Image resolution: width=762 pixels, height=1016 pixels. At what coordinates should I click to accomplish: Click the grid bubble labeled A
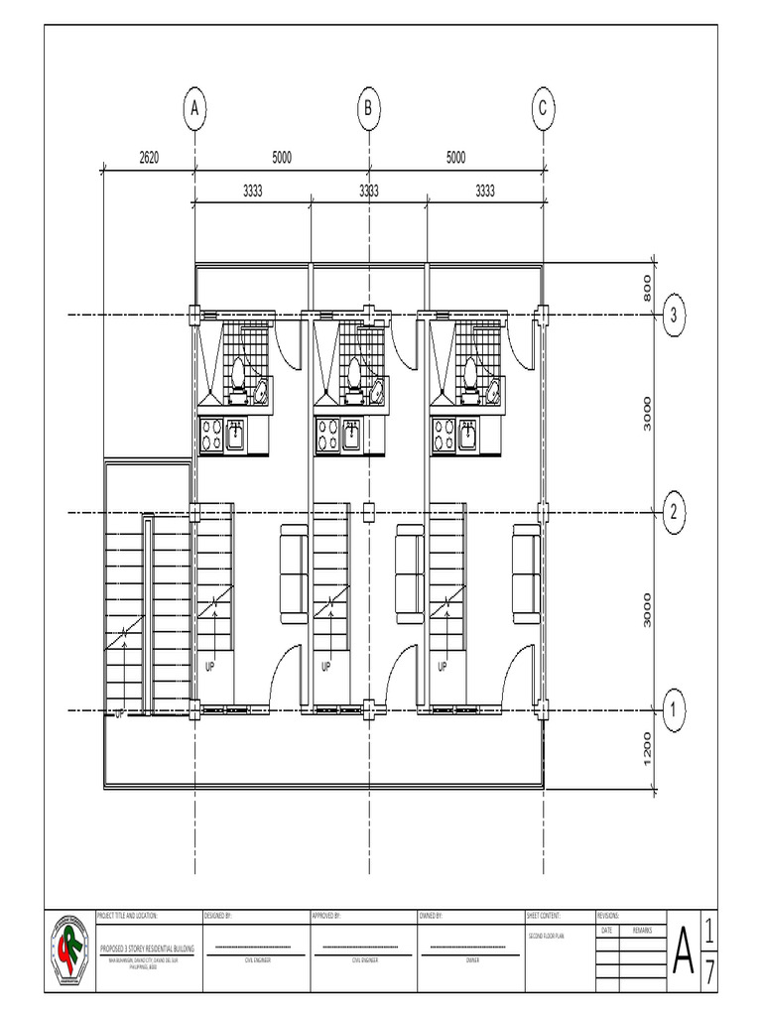point(195,108)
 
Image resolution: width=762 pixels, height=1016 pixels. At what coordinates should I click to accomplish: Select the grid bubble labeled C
point(543,108)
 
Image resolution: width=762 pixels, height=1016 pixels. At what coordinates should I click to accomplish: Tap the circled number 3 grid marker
point(674,316)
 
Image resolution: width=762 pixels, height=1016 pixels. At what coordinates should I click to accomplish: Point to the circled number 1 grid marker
point(674,710)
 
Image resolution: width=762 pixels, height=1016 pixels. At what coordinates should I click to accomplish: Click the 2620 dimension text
point(149,158)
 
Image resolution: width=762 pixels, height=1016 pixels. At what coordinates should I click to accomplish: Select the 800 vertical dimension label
point(647,288)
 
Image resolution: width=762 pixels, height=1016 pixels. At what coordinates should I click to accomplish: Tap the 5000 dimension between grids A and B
point(282,158)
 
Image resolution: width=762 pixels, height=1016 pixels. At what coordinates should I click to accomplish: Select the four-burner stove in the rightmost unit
point(444,434)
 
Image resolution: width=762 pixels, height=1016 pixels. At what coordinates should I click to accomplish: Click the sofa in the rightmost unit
point(526,573)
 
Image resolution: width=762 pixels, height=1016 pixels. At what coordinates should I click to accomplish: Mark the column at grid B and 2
point(369,513)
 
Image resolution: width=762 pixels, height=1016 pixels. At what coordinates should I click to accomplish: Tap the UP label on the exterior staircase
point(119,712)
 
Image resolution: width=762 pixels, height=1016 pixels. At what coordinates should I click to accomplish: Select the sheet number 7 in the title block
point(710,971)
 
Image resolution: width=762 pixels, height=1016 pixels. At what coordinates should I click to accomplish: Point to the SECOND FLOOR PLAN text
point(545,936)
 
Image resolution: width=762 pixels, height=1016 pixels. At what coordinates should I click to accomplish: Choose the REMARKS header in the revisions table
point(642,932)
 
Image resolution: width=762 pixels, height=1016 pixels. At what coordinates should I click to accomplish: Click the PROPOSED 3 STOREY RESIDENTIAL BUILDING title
point(147,950)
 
